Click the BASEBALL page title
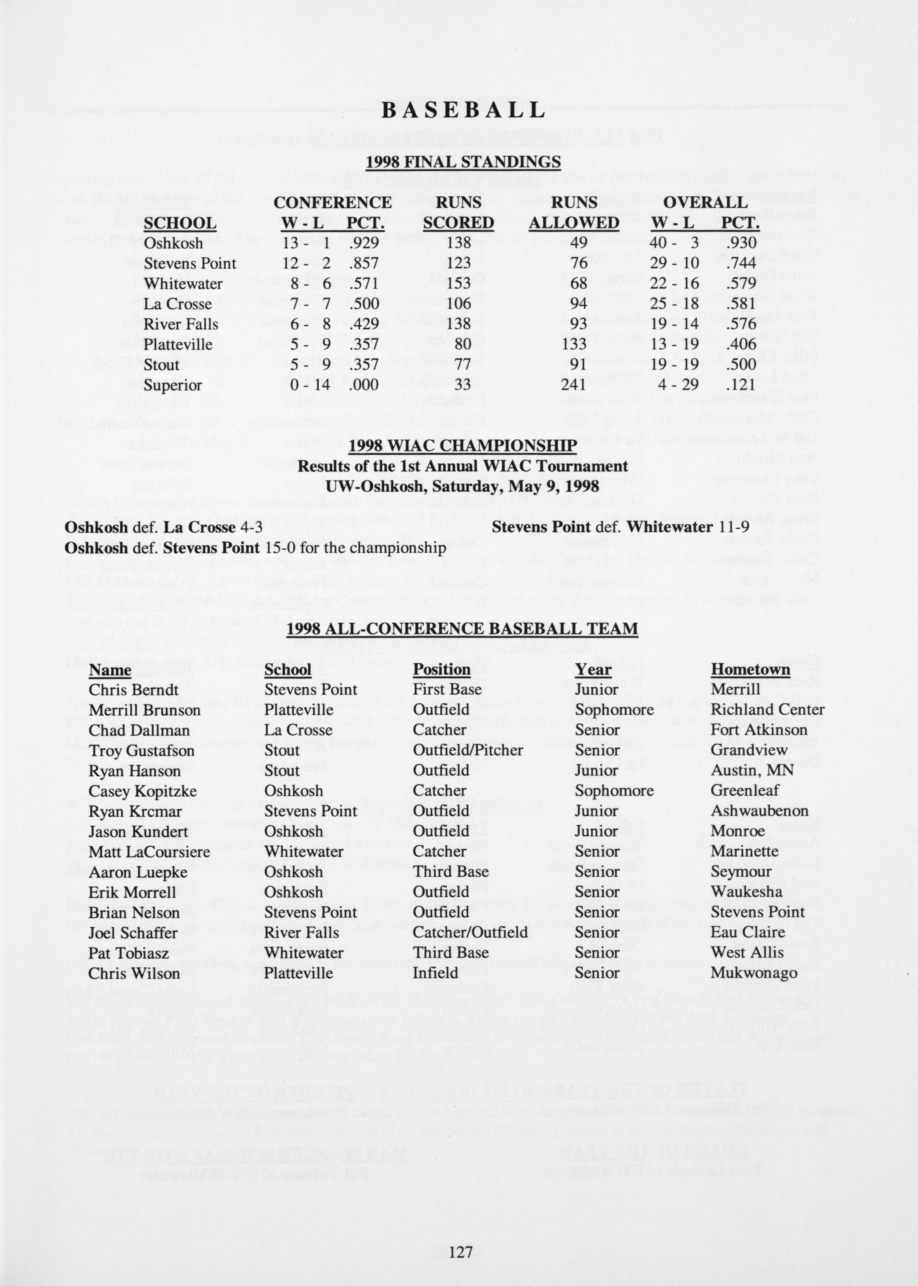[463, 110]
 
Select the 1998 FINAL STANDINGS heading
[463, 162]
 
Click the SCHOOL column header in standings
[180, 223]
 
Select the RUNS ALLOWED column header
[574, 213]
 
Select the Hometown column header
[750, 669]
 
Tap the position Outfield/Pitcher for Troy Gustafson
[468, 750]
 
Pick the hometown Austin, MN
[752, 770]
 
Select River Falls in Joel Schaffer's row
[301, 932]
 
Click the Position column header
[442, 669]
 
